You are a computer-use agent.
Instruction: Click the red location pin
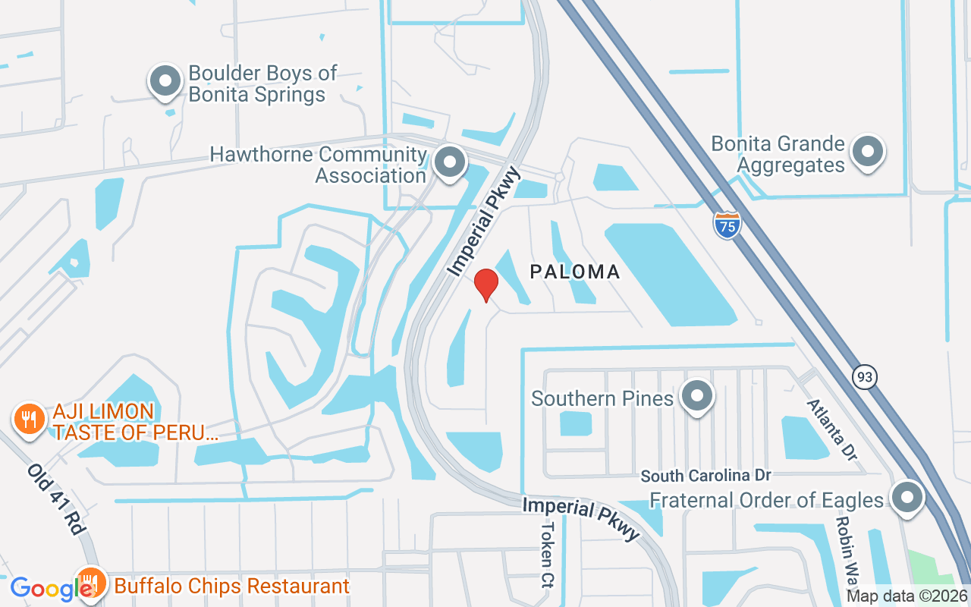[x=485, y=285]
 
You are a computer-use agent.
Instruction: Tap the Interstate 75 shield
[x=727, y=225]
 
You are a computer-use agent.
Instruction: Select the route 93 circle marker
[x=864, y=376]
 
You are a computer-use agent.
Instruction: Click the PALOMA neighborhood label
[x=575, y=272]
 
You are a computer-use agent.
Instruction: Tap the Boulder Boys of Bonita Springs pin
[x=165, y=82]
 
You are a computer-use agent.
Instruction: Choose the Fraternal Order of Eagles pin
[x=907, y=498]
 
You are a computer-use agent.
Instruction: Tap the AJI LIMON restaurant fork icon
[x=29, y=418]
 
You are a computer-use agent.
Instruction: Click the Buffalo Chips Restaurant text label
[x=231, y=586]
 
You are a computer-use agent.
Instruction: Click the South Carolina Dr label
[x=705, y=476]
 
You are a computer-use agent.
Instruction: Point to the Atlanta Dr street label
[x=831, y=430]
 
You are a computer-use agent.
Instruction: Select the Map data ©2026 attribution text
[x=907, y=596]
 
